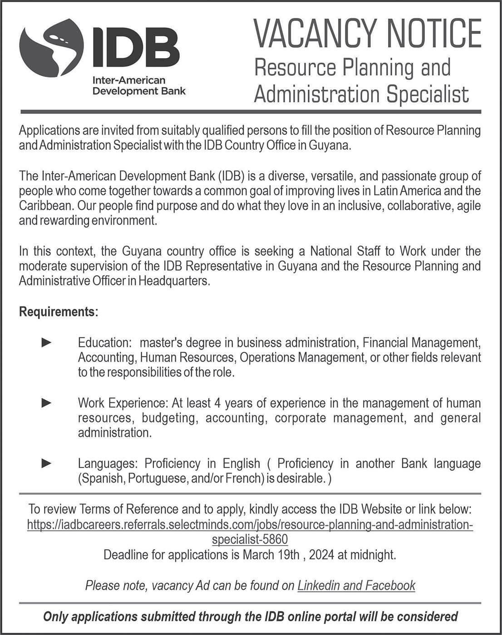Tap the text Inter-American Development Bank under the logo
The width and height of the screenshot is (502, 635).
click(139, 86)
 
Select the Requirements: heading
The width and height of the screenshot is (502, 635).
click(59, 312)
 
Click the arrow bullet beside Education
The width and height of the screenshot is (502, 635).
click(46, 342)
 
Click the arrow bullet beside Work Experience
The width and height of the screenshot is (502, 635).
click(46, 403)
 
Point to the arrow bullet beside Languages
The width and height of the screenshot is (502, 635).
click(46, 463)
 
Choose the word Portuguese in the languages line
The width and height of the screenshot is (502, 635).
click(156, 479)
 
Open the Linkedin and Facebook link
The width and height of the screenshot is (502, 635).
click(356, 586)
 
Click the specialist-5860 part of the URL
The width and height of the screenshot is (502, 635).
click(250, 540)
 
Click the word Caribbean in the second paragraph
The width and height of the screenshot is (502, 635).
click(45, 206)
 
